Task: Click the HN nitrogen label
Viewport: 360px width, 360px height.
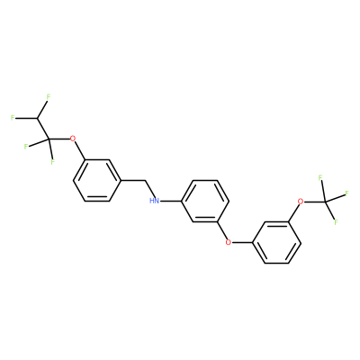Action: [x=155, y=201]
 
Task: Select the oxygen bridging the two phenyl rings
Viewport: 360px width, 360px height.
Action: [x=229, y=241]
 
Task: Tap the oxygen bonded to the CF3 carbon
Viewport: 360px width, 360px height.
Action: [x=300, y=201]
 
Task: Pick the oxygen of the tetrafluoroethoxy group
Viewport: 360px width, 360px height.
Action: [x=72, y=139]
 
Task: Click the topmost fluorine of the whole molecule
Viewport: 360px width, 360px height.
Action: [x=49, y=97]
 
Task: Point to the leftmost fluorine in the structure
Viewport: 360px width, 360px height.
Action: [x=13, y=118]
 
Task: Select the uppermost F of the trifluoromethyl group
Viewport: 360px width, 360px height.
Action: [x=320, y=178]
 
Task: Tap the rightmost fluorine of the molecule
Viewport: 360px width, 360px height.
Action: [x=346, y=193]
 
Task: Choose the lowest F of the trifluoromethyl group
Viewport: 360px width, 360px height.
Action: [x=337, y=222]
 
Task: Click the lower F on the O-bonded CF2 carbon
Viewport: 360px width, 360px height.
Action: [x=52, y=162]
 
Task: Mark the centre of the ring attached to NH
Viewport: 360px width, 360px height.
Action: [x=205, y=201]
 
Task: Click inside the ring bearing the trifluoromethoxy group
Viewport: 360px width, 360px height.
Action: [x=276, y=242]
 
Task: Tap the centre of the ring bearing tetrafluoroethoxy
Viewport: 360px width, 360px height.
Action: [x=97, y=180]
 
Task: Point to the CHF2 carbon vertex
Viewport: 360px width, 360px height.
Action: [x=38, y=118]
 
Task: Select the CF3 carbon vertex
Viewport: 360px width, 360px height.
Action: [x=326, y=202]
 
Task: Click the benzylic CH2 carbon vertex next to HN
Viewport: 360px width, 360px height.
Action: [x=145, y=180]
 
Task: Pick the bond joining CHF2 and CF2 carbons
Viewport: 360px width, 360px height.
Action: [x=42, y=129]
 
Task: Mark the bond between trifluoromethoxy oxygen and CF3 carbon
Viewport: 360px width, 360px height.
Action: [x=314, y=202]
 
